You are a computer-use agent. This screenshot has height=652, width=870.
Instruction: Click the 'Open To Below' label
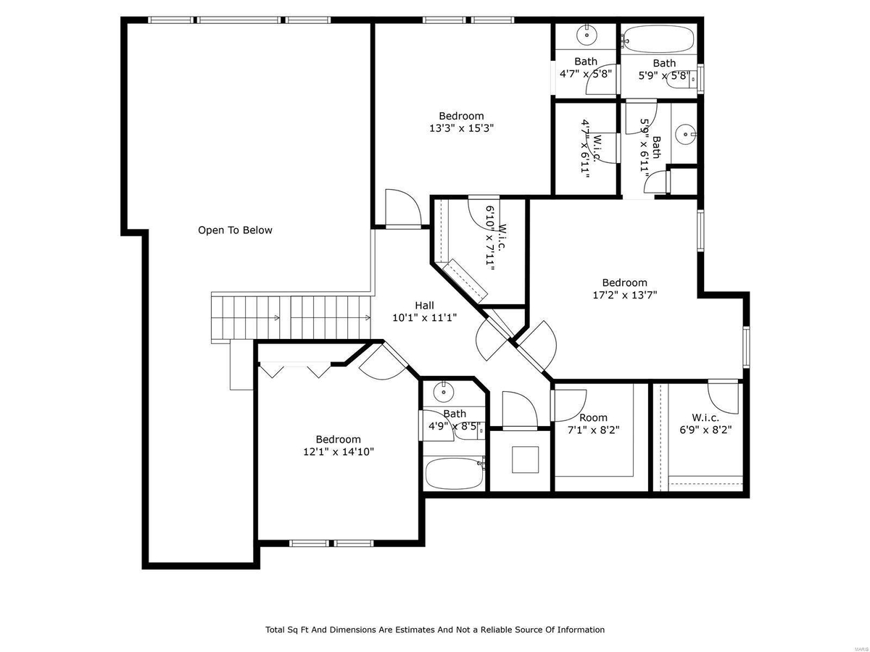pyautogui.click(x=236, y=230)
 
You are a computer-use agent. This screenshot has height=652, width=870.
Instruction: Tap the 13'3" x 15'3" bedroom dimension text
pyautogui.click(x=461, y=128)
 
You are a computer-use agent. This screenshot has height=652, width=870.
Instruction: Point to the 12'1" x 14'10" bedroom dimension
pyautogui.click(x=338, y=451)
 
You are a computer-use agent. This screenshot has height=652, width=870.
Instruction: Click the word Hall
pyautogui.click(x=425, y=305)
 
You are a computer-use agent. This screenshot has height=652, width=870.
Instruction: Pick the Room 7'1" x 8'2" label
pyautogui.click(x=593, y=424)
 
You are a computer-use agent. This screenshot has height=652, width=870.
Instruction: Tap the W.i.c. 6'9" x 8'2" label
pyautogui.click(x=705, y=424)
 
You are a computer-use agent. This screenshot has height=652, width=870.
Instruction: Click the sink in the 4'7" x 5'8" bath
pyautogui.click(x=586, y=34)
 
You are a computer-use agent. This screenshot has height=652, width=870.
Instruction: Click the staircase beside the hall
pyautogui.click(x=290, y=316)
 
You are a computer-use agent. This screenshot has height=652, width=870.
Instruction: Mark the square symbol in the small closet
pyautogui.click(x=525, y=459)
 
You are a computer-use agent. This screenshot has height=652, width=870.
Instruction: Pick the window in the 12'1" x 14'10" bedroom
pyautogui.click(x=331, y=543)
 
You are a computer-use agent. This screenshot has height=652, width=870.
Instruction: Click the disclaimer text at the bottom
pyautogui.click(x=435, y=630)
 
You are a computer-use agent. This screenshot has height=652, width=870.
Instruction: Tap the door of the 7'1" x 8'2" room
pyautogui.click(x=569, y=404)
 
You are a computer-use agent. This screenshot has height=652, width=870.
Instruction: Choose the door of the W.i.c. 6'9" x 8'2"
pyautogui.click(x=725, y=397)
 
